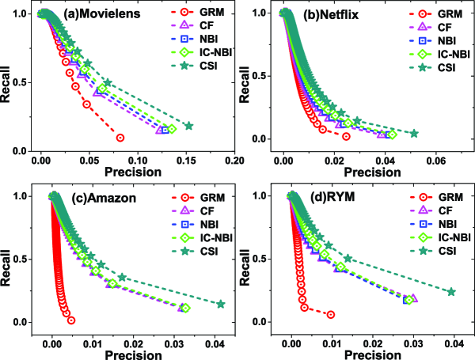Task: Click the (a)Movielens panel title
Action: point(86,15)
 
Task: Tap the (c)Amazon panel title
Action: point(87,196)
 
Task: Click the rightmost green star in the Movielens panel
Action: point(188,126)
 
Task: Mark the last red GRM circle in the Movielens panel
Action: point(120,138)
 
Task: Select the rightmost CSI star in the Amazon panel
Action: point(221,304)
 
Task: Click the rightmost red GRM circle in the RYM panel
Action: point(331,314)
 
